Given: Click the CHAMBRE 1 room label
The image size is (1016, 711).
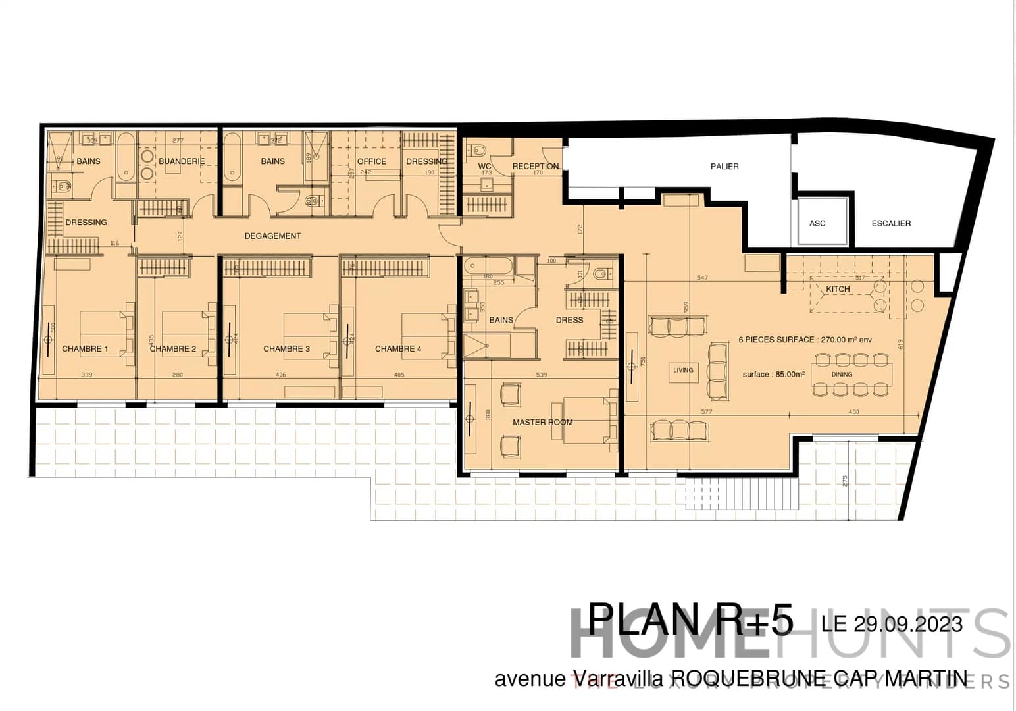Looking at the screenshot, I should (85, 349).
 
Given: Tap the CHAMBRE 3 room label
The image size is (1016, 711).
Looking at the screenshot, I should (286, 349).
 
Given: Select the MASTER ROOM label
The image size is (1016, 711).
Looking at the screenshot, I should (542, 422).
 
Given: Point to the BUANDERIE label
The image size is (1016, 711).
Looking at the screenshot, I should (182, 161).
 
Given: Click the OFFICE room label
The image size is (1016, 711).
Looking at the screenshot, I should (372, 161).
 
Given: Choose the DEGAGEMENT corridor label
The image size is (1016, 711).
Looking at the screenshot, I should (272, 236).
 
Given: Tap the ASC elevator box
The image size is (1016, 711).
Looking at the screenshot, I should (817, 223).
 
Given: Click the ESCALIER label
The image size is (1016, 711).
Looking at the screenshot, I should (891, 223).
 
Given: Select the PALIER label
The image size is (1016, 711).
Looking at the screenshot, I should (724, 167).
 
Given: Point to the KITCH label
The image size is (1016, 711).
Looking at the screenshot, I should (838, 289).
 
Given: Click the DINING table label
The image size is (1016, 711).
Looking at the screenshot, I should (842, 374).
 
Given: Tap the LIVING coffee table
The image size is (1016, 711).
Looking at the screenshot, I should (683, 370).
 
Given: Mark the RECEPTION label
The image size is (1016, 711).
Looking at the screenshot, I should (536, 166).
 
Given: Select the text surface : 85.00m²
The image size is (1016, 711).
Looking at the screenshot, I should (773, 374).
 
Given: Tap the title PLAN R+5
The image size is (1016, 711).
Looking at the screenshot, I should (690, 620).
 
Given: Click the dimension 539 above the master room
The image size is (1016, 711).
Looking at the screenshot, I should (542, 375).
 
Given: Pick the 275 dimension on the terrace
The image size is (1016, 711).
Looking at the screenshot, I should (845, 480).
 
